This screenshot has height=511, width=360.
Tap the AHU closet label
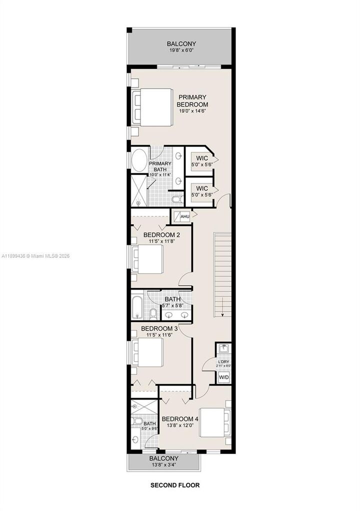[x=184, y=216]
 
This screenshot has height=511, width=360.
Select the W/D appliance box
[x=223, y=376]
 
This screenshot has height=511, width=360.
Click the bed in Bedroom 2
[x=148, y=259]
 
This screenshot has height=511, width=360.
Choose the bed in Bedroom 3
[x=148, y=353]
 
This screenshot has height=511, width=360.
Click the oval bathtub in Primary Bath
[x=139, y=160]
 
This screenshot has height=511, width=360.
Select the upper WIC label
[x=202, y=159]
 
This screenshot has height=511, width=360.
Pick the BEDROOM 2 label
[x=161, y=234]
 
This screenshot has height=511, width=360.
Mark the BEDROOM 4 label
[x=180, y=418]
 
